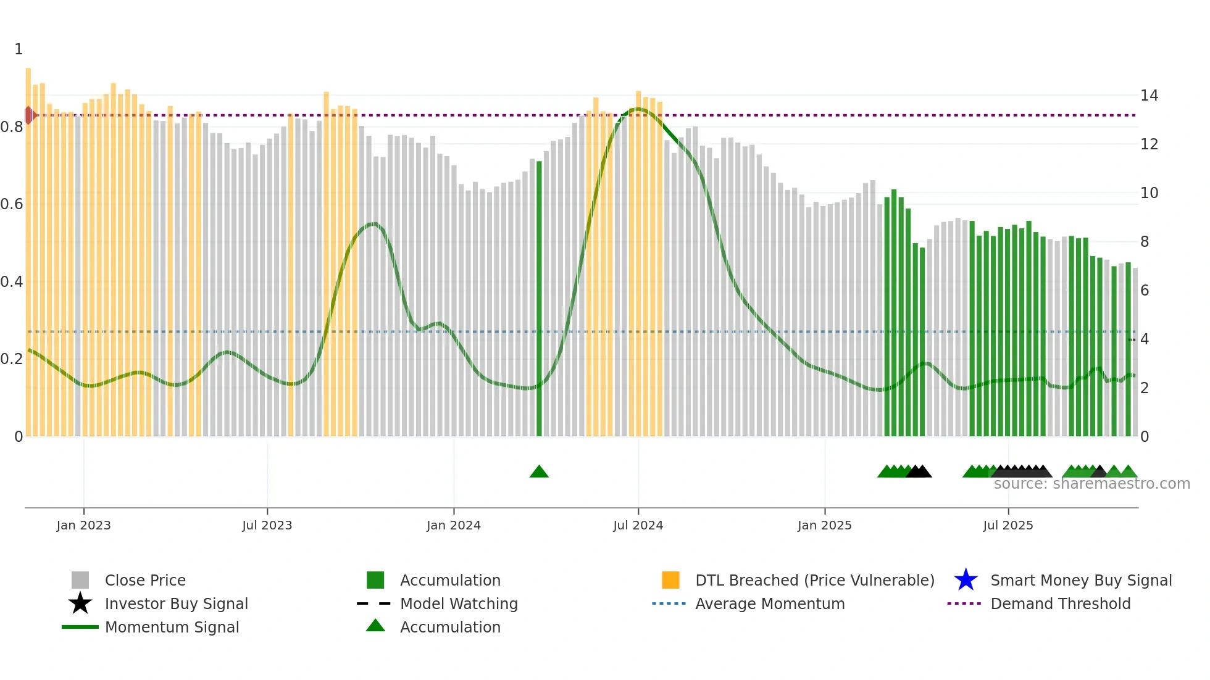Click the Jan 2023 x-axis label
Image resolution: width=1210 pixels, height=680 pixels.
click(x=83, y=525)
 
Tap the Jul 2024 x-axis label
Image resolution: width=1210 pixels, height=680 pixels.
click(x=638, y=525)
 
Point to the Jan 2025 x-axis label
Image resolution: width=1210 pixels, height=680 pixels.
click(x=824, y=525)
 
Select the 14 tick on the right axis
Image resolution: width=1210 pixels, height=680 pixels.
click(x=1149, y=96)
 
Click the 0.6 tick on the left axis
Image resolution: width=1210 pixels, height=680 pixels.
click(x=12, y=204)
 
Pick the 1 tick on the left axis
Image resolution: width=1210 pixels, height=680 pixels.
click(x=19, y=49)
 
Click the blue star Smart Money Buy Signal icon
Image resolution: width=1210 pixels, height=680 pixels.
click(x=966, y=580)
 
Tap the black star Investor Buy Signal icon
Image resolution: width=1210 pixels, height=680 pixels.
click(x=80, y=603)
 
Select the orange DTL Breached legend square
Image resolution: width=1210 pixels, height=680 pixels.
click(x=670, y=580)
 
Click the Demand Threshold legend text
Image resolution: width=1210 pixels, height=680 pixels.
click(x=1060, y=603)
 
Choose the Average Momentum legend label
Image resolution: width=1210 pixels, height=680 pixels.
click(x=769, y=603)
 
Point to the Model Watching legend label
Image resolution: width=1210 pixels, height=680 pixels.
click(x=459, y=603)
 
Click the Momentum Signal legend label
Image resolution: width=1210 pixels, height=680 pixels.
click(x=172, y=627)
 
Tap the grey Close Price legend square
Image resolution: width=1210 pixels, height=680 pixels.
click(x=80, y=580)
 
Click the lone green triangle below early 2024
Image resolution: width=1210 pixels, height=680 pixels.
click(x=539, y=472)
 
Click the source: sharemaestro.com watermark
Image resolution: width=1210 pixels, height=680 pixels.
click(x=1091, y=484)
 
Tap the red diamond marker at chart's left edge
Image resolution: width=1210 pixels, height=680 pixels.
click(x=29, y=115)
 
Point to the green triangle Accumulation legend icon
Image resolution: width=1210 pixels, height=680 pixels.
click(x=375, y=626)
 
